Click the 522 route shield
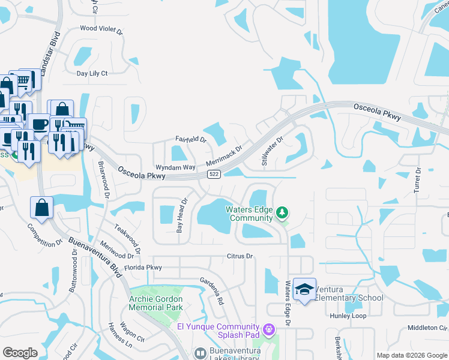tap(213, 174)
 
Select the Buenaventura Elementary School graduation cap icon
tap(305, 289)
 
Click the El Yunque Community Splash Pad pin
tap(268, 329)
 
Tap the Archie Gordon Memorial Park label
tap(156, 302)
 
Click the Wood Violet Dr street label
tap(101, 28)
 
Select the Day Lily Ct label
tap(92, 74)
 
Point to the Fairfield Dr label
tap(190, 139)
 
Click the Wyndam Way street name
tap(176, 167)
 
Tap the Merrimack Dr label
tap(224, 155)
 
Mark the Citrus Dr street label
tap(240, 256)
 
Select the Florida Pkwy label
tap(143, 267)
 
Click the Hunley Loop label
tap(348, 316)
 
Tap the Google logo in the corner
tap(20, 353)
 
